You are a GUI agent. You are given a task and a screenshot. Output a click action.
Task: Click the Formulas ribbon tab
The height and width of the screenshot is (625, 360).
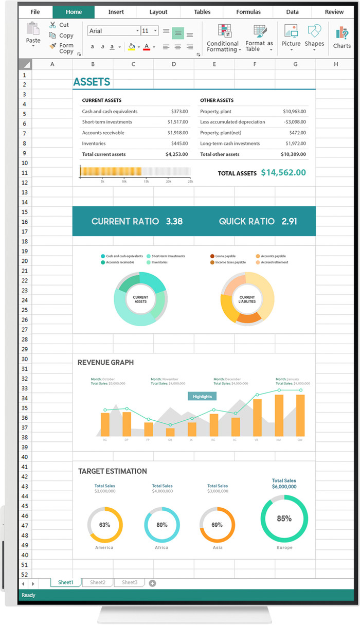click(x=248, y=12)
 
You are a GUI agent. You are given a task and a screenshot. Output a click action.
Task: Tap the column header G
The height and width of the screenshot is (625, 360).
click(x=295, y=64)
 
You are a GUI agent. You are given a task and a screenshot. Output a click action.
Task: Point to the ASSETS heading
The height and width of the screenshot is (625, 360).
click(x=92, y=82)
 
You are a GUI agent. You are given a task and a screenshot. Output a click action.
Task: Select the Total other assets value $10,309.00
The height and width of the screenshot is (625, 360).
click(x=293, y=154)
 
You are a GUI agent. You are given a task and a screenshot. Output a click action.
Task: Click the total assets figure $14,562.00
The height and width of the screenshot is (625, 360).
click(x=283, y=173)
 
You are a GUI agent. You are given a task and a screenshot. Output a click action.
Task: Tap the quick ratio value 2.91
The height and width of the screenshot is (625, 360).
click(x=289, y=222)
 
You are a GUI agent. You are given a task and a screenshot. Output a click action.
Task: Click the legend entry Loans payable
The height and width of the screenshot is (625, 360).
click(x=225, y=256)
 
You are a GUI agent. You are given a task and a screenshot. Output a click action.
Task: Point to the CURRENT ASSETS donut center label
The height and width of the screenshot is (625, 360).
click(x=140, y=299)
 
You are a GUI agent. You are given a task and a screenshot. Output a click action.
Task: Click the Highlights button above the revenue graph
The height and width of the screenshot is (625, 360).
click(x=202, y=397)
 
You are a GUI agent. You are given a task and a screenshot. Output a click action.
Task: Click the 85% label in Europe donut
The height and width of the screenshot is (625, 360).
click(x=284, y=519)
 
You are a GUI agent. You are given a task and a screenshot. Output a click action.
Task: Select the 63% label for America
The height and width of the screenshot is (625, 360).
click(x=104, y=525)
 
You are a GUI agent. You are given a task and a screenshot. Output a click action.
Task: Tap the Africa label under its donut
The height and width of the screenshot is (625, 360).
click(x=161, y=548)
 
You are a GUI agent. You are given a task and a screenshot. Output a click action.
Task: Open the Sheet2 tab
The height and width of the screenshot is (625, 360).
click(x=98, y=582)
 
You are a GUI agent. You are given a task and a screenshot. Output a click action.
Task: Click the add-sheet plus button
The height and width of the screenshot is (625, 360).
click(x=152, y=583)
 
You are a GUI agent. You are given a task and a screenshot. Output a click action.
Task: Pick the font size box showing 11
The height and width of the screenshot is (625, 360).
click(x=149, y=31)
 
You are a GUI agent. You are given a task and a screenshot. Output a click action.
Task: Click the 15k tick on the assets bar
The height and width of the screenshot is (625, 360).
click(x=146, y=182)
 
